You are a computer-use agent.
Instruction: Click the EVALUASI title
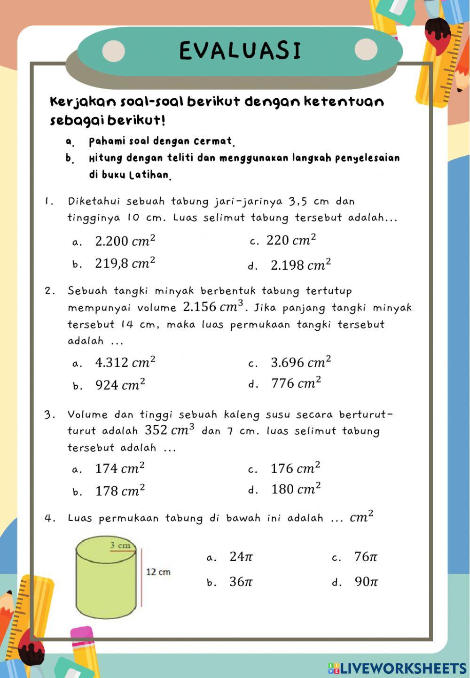tap(240, 51)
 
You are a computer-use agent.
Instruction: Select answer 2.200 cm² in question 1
tap(125, 241)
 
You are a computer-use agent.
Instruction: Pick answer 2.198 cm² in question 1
tap(301, 265)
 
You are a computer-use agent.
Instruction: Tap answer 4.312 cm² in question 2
tap(125, 362)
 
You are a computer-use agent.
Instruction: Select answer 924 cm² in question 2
tap(120, 385)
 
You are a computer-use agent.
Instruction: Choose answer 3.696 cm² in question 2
tap(301, 362)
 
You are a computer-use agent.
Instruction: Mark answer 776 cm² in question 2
tap(296, 383)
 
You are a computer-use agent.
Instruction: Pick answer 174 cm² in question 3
tap(120, 468)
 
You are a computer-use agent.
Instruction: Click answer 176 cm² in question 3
tap(296, 468)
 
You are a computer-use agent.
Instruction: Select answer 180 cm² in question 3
tap(296, 489)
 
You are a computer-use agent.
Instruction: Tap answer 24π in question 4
tap(241, 557)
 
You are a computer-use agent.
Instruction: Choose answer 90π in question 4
tap(367, 582)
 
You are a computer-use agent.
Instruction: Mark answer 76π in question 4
tap(366, 557)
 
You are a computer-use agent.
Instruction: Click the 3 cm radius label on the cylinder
tap(120, 546)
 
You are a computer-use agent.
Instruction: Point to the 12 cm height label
tap(158, 572)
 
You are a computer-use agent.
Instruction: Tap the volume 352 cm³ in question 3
tap(169, 430)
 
